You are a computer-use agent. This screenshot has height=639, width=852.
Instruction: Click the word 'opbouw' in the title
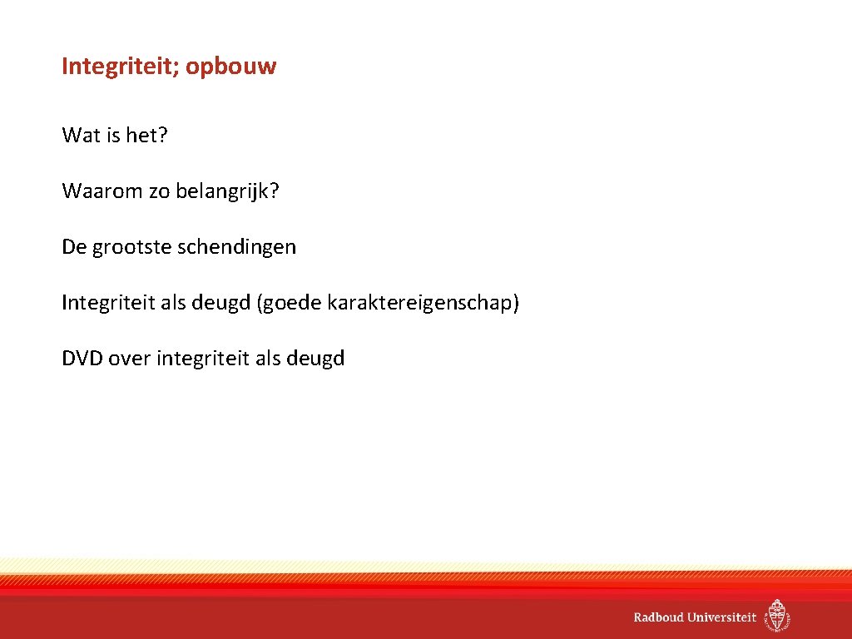(x=230, y=67)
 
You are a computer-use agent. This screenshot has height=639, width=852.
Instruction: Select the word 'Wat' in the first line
(x=81, y=136)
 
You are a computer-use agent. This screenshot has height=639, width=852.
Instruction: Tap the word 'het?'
(x=146, y=136)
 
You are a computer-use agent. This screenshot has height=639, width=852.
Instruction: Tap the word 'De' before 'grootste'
(x=73, y=247)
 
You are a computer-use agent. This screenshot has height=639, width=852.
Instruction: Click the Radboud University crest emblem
(x=778, y=616)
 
